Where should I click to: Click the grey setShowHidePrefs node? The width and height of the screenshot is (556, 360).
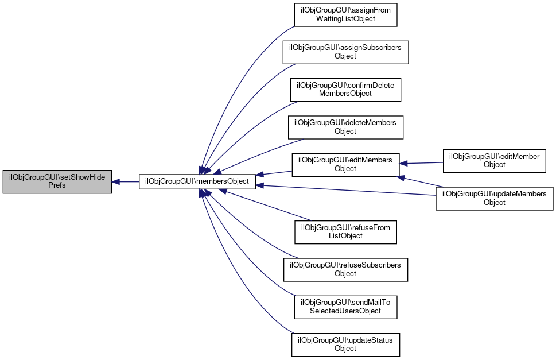[x=57, y=181]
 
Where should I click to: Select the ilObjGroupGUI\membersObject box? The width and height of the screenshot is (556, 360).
[x=197, y=181]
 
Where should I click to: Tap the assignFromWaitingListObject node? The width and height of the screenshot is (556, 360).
[x=345, y=14]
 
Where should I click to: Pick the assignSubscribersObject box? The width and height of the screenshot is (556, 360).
[x=345, y=52]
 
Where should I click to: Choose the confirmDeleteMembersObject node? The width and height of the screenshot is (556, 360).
[x=345, y=89]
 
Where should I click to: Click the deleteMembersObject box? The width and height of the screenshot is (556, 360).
[x=345, y=127]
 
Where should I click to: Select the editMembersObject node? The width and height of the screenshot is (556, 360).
[x=345, y=164]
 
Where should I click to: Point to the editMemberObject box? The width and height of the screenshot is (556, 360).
[x=495, y=160]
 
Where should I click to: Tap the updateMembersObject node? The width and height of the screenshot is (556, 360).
[x=495, y=198]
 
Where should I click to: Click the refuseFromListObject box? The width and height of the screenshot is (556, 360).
[x=345, y=231]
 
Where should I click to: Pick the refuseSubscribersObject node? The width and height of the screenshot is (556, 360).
[x=345, y=269]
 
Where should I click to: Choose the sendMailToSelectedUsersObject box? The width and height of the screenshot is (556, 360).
[x=345, y=307]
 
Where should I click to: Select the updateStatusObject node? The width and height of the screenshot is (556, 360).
[x=345, y=344]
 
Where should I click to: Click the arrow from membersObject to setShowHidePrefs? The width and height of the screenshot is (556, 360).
[x=126, y=181]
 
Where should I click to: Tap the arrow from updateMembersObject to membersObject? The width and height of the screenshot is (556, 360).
[x=344, y=190]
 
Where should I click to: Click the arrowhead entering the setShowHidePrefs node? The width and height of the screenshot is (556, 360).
[x=116, y=181]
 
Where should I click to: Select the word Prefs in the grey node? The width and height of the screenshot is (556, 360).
[x=57, y=185]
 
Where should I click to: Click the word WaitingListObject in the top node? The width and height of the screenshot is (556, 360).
[x=345, y=18]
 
